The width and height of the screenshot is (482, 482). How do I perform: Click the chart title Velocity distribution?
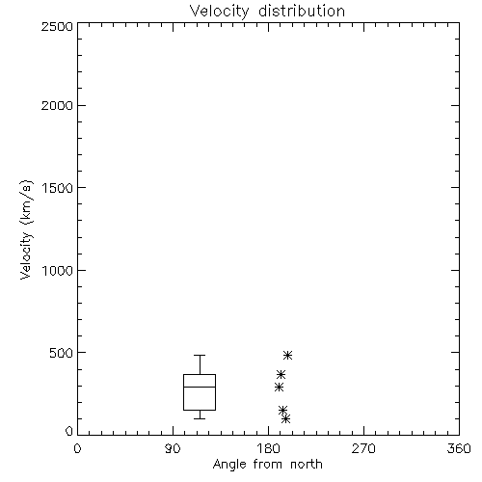pyautogui.click(x=267, y=11)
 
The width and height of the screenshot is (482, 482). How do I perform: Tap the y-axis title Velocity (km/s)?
pyautogui.click(x=26, y=229)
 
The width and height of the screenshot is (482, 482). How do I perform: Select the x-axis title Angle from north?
pyautogui.click(x=267, y=465)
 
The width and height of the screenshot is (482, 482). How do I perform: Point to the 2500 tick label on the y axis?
pyautogui.click(x=57, y=26)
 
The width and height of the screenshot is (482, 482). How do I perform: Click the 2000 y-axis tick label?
pyautogui.click(x=57, y=105)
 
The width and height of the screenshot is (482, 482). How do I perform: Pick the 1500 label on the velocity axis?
pyautogui.click(x=58, y=188)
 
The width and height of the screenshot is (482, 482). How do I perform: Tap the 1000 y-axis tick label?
pyautogui.click(x=58, y=271)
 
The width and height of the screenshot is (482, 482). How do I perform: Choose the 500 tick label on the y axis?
pyautogui.click(x=62, y=353)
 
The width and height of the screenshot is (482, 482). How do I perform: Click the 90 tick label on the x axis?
pyautogui.click(x=173, y=448)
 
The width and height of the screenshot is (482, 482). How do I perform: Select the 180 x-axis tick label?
pyautogui.click(x=268, y=448)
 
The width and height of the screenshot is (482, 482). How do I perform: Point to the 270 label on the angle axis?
pyautogui.click(x=363, y=448)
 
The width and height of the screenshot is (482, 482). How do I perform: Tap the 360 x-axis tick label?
pyautogui.click(x=459, y=448)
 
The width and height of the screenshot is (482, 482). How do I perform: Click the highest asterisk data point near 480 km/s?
pyautogui.click(x=287, y=355)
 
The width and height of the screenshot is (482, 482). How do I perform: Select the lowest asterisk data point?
pyautogui.click(x=285, y=418)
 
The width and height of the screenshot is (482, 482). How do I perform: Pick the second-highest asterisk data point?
pyautogui.click(x=281, y=374)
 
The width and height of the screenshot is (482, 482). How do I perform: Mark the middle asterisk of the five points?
pyautogui.click(x=279, y=388)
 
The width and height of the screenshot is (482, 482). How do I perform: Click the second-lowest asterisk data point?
pyautogui.click(x=282, y=410)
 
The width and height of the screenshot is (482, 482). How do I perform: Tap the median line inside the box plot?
pyautogui.click(x=200, y=387)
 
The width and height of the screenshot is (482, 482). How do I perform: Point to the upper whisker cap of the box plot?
pyautogui.click(x=200, y=355)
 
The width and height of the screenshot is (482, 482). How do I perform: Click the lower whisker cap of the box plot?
pyautogui.click(x=200, y=418)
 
